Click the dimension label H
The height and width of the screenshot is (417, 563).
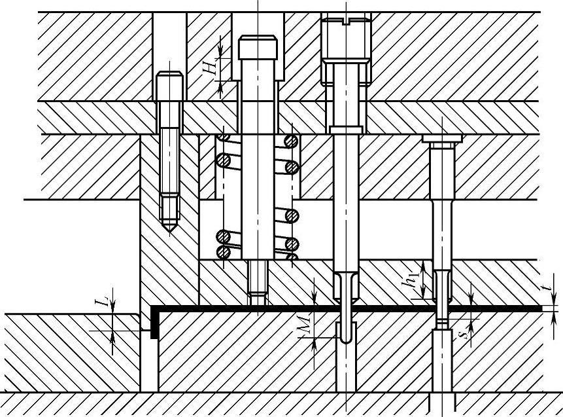coord(210,67)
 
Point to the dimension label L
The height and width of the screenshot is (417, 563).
coord(101,302)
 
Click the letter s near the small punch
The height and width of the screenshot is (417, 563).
coord(463,335)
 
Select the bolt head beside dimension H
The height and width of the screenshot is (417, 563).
coord(258,48)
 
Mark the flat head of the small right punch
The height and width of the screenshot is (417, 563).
coord(442,139)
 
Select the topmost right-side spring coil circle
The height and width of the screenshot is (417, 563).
coord(290,141)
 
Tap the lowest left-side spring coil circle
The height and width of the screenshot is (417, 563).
coord(224,251)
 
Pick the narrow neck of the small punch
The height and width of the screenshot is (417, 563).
coord(442,322)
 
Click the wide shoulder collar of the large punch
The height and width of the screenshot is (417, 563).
coord(346,130)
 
